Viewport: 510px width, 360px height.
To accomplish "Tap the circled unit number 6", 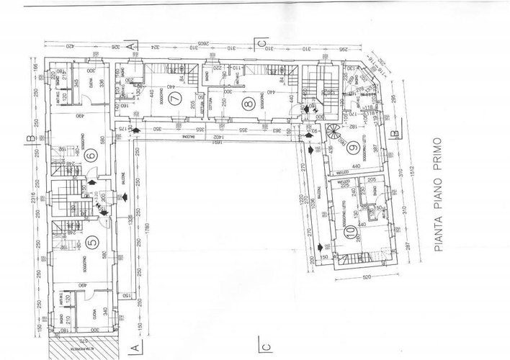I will [x=90, y=154].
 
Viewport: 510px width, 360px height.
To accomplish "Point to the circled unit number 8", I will [x=249, y=103].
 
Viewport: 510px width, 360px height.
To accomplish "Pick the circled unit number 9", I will [x=354, y=150].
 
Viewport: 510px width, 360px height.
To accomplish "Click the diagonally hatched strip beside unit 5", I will [x=55, y=346].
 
